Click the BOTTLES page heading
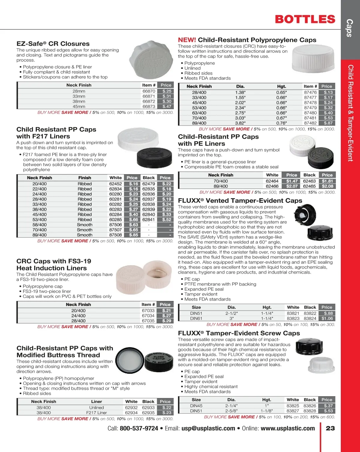[305, 19]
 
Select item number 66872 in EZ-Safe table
[148, 101]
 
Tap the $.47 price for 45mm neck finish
[166, 106]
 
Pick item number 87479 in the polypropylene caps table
[310, 108]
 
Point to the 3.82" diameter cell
[240, 123]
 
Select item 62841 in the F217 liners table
[148, 219]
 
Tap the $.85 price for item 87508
[133, 235]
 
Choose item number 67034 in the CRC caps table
[148, 316]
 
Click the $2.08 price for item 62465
[327, 186]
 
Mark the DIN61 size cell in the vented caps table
[196, 318]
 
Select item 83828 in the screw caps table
[310, 411]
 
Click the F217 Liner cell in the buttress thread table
[97, 413]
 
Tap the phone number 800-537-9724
[139, 428]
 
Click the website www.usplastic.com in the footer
[288, 428]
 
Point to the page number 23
[330, 428]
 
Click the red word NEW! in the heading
[187, 40]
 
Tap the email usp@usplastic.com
[208, 428]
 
